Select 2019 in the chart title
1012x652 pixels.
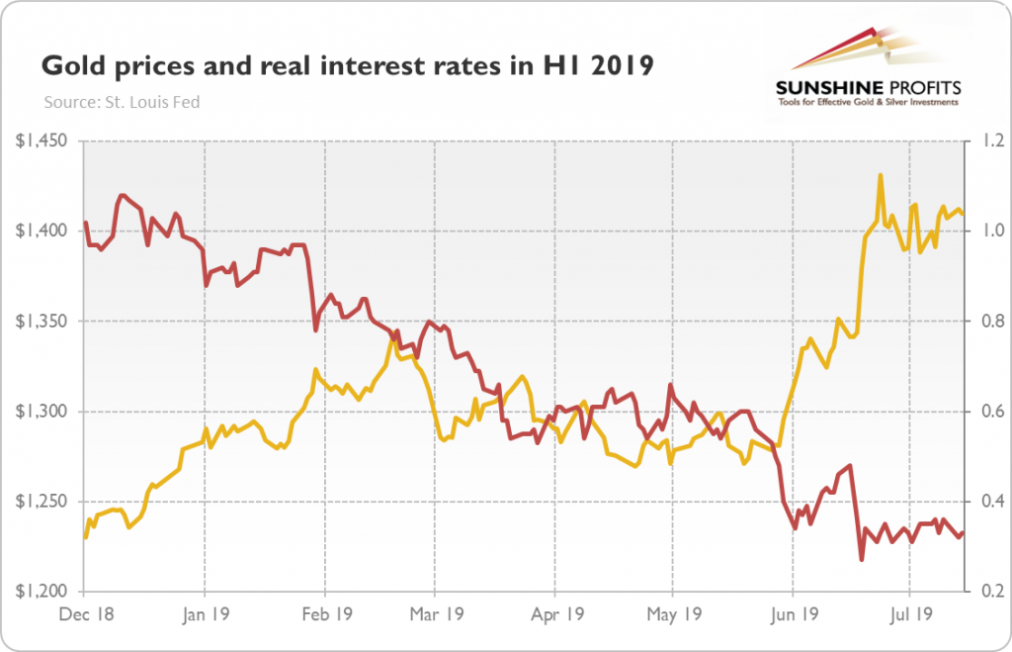pyautogui.click(x=621, y=67)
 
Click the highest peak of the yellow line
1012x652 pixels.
pyautogui.click(x=880, y=175)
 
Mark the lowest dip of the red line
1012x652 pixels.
pyautogui.click(x=862, y=560)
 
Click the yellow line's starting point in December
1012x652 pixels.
pyautogui.click(x=85, y=537)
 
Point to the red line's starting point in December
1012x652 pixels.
pyautogui.click(x=85, y=222)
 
